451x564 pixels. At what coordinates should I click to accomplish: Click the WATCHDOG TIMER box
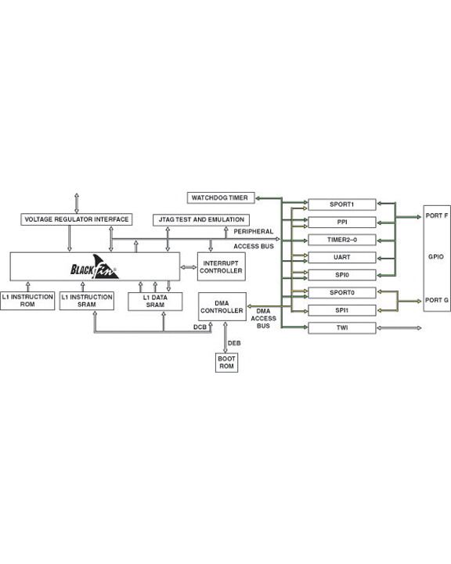coord(221,198)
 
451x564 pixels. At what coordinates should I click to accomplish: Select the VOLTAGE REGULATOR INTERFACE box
coord(77,219)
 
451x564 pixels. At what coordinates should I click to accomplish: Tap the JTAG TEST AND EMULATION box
coord(201,220)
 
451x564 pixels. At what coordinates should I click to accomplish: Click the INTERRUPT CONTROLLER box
coord(221,266)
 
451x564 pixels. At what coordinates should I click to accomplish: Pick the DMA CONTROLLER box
coord(222,307)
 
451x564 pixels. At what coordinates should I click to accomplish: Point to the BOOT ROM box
coord(226,363)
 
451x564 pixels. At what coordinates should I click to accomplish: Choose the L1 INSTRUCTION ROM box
coord(27,301)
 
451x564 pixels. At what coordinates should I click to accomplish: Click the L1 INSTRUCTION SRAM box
coord(87,301)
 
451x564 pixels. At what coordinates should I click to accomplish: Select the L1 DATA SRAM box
coord(155,302)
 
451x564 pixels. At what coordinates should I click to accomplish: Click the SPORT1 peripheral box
coord(342,204)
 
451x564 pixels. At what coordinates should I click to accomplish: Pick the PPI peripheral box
coord(342,222)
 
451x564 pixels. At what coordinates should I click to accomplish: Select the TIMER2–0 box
coord(342,240)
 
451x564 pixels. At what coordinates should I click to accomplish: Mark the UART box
coord(342,258)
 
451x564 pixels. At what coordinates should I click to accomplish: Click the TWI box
coord(342,328)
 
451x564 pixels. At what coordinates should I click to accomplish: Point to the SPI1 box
coord(342,310)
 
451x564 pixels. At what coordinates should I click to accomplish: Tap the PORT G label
coord(437,300)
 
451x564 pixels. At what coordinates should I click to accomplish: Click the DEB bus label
coord(234,344)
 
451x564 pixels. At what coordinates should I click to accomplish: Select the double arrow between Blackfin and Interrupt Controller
coord(189,267)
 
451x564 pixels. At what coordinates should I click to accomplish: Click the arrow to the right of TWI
coord(399,328)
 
